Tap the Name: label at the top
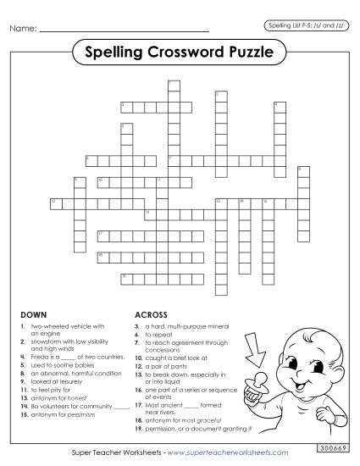tap(23, 30)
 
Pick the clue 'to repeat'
tap(161, 332)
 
